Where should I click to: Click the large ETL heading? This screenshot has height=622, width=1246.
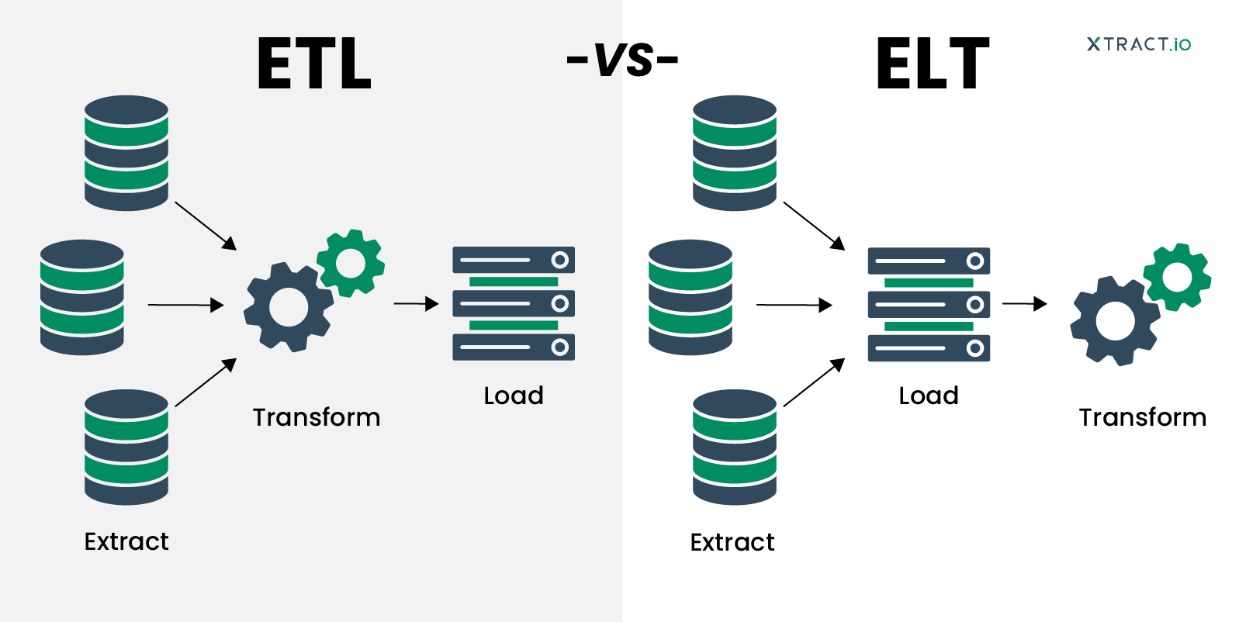[314, 64]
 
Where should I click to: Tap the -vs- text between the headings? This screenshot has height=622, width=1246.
[623, 60]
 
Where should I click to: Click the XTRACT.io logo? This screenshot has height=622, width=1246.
[1138, 44]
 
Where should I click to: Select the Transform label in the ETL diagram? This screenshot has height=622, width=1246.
[317, 417]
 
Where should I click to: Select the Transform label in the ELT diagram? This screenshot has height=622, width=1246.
[1142, 417]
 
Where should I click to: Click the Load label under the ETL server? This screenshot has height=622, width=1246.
[513, 396]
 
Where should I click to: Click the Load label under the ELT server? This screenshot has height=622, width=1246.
[928, 396]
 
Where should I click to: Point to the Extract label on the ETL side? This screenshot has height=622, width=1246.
[126, 541]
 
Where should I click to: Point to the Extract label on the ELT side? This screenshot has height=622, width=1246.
[732, 542]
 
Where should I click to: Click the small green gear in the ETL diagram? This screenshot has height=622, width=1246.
[351, 263]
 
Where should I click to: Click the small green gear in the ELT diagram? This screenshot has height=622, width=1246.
[1177, 277]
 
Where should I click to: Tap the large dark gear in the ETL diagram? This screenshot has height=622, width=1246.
[288, 307]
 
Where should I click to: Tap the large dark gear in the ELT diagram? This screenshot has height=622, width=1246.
[1115, 320]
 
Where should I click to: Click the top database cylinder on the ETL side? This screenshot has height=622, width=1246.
[126, 153]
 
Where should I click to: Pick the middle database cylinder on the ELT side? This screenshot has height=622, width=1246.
[690, 298]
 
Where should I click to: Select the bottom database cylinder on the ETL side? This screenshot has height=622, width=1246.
[126, 447]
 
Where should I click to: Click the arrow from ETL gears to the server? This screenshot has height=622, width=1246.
[416, 304]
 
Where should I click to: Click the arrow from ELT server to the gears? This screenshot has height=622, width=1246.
[1024, 304]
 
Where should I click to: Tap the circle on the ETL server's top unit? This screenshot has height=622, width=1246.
[559, 259]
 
